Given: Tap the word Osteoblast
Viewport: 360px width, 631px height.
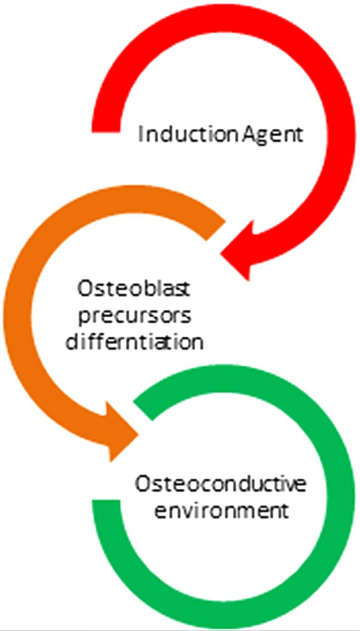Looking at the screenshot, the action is click(x=134, y=289).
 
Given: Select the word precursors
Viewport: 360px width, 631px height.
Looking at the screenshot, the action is click(x=135, y=316).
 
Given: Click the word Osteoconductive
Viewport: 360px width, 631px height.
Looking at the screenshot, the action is click(x=220, y=484).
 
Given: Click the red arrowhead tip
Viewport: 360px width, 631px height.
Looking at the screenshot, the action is click(x=220, y=254).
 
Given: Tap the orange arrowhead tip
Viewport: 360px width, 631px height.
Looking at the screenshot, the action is click(x=139, y=435).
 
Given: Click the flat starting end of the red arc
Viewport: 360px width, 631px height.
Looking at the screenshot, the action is click(x=106, y=132).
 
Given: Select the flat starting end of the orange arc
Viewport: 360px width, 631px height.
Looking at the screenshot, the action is click(x=216, y=230).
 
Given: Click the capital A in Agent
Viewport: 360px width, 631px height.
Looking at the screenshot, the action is click(x=250, y=134).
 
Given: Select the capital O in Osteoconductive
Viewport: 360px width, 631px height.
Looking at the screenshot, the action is click(x=143, y=484).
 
